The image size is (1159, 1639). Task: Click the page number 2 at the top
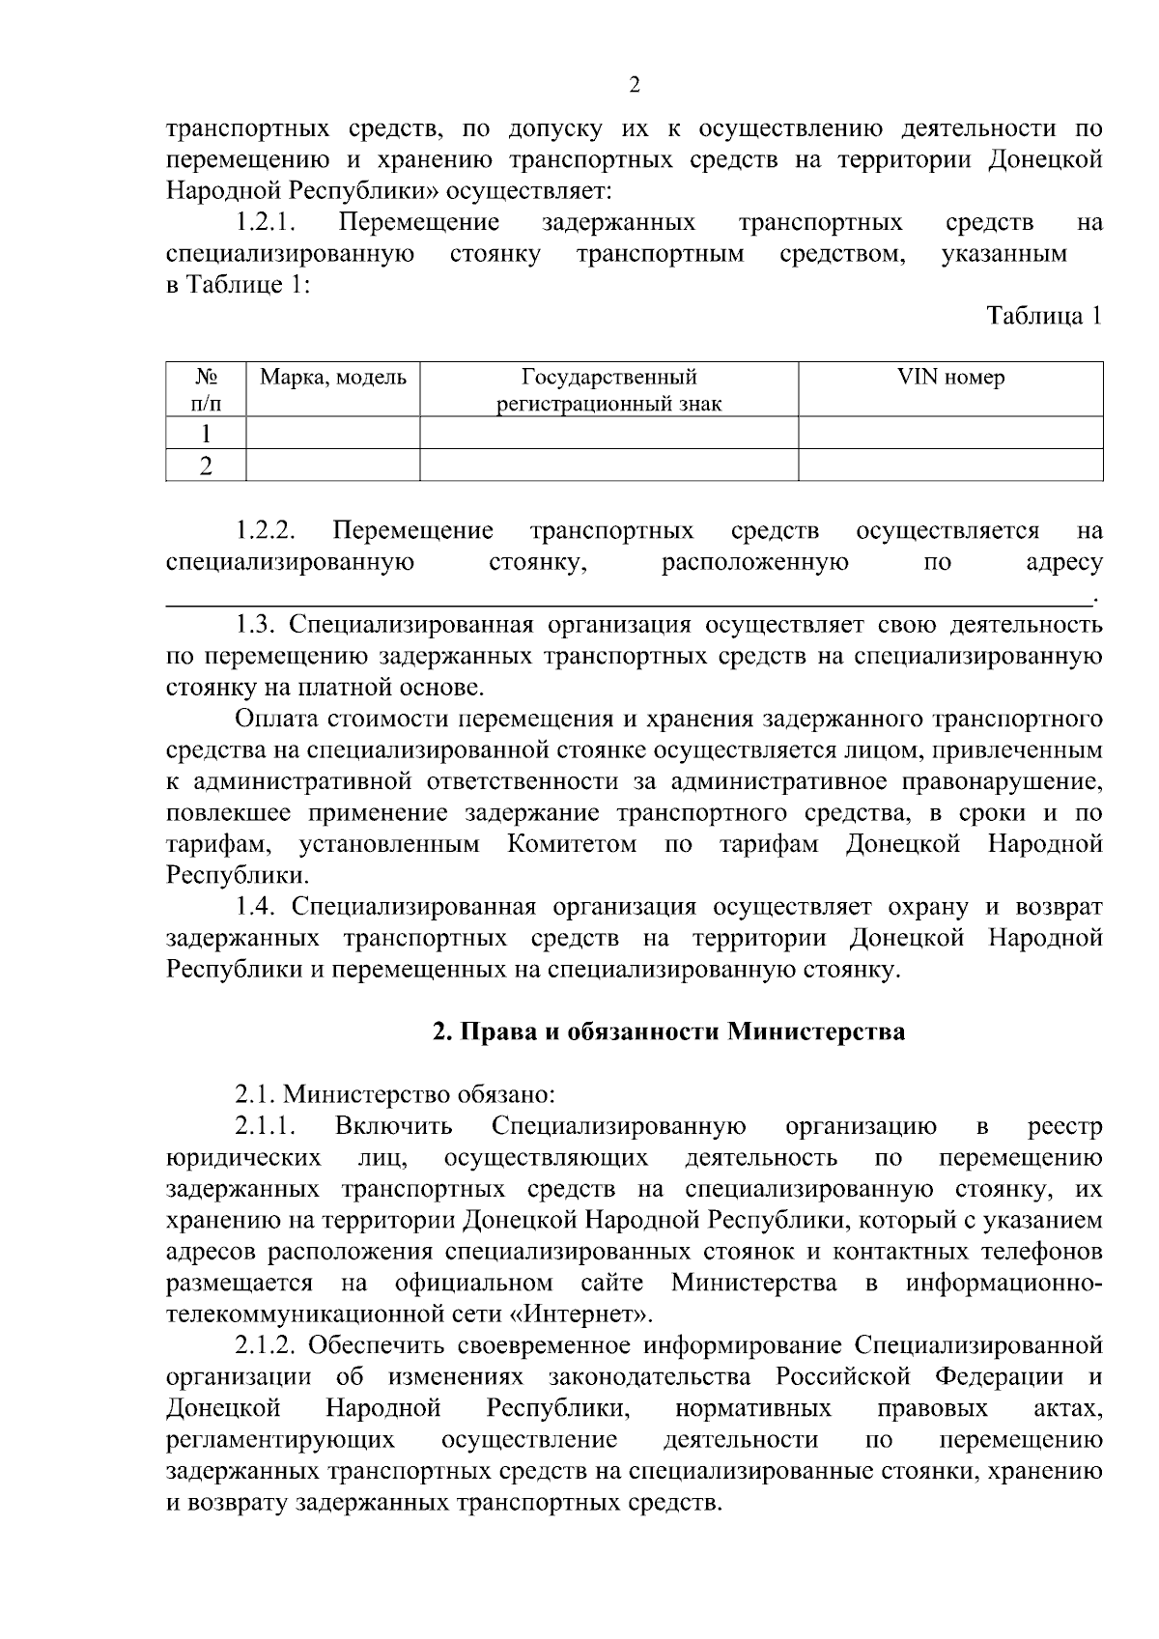(x=635, y=85)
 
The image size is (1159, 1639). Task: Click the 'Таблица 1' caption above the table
(x=1043, y=317)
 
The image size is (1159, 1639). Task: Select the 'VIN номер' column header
(x=950, y=378)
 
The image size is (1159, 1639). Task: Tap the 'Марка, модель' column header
(x=333, y=378)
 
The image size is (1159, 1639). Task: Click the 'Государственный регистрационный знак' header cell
(x=608, y=390)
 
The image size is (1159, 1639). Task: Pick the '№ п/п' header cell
(x=205, y=390)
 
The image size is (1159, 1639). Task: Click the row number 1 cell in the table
(x=205, y=434)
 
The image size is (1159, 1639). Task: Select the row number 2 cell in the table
(x=205, y=466)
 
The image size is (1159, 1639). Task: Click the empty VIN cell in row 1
(x=950, y=434)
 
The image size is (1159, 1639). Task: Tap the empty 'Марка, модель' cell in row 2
(x=333, y=466)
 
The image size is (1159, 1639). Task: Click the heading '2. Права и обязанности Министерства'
(x=668, y=1032)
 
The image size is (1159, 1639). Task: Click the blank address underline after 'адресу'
(x=628, y=601)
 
